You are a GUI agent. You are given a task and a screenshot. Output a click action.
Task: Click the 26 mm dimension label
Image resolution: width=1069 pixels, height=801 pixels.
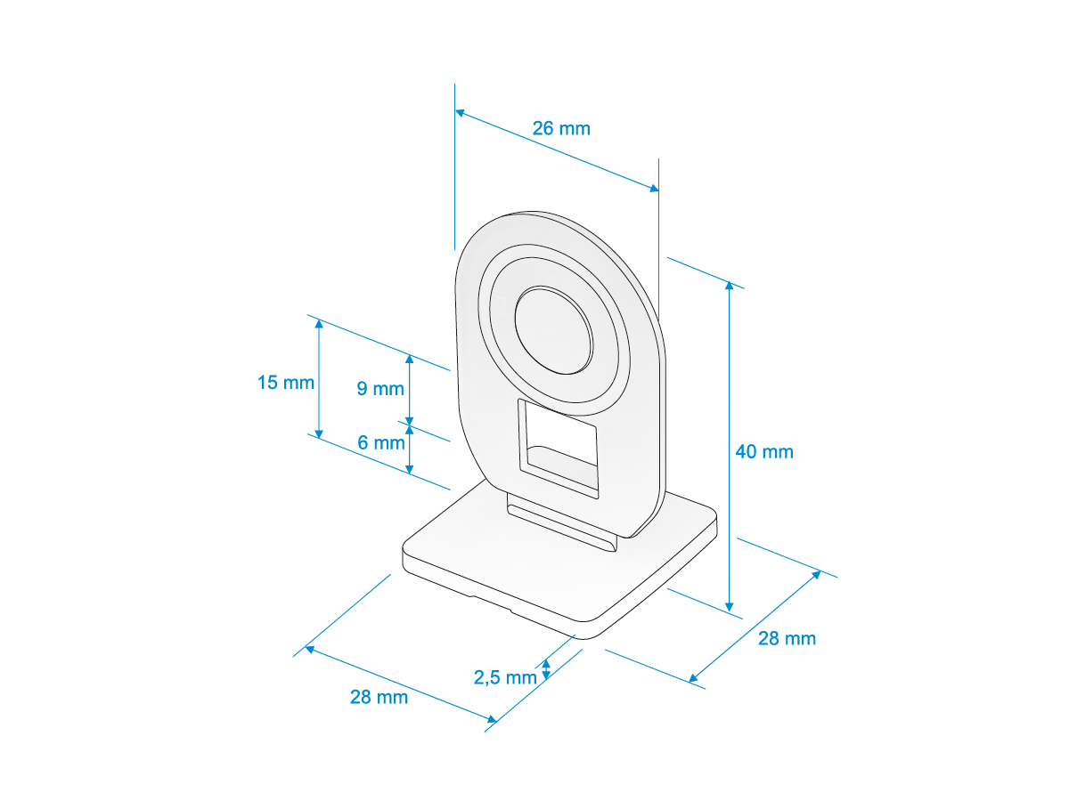561,128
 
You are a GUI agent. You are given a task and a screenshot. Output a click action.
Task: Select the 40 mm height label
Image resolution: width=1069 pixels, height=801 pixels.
764,452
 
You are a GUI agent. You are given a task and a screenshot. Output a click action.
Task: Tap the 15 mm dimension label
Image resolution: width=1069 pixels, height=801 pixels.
285,383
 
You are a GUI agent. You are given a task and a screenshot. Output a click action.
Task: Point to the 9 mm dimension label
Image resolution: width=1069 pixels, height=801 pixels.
380,389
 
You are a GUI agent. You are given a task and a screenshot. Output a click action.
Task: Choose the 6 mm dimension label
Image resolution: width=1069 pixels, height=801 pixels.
381,442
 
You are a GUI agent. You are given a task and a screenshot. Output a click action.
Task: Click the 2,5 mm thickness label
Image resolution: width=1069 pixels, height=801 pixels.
505,677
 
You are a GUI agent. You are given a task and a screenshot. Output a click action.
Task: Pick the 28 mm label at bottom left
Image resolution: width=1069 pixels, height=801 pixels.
379,697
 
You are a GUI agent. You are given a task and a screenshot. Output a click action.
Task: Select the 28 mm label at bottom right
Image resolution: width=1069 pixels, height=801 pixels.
787,638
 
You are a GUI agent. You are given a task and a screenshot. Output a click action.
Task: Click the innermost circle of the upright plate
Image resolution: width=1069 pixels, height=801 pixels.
554,330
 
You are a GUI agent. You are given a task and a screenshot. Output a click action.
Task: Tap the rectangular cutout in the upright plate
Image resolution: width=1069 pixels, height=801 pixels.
559,449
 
